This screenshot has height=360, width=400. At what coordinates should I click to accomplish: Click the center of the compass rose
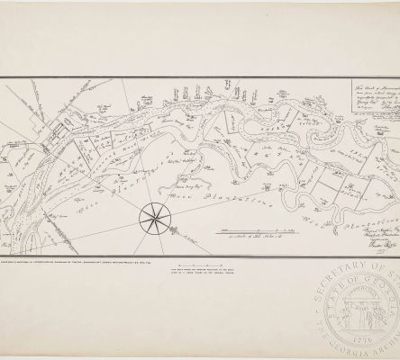[x=150, y=216]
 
